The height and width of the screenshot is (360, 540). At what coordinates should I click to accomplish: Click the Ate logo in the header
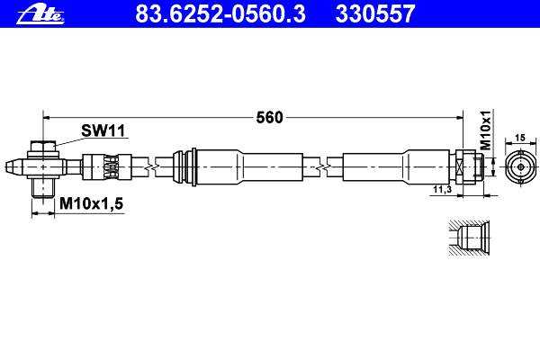(40, 15)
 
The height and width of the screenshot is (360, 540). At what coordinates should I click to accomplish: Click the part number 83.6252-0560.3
(220, 14)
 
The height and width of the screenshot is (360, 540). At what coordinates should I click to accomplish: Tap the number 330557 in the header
(375, 14)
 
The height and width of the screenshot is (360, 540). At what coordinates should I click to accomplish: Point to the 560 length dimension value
(269, 118)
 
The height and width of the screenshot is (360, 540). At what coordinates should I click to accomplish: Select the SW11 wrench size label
(103, 130)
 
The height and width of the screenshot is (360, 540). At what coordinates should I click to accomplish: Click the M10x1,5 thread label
(91, 203)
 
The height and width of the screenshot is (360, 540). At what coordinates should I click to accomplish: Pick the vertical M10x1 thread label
(486, 130)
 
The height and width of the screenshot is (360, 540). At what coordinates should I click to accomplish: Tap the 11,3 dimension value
(442, 189)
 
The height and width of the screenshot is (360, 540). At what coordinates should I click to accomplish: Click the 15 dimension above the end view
(520, 138)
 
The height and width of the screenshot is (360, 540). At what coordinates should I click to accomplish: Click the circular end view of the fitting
(521, 167)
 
